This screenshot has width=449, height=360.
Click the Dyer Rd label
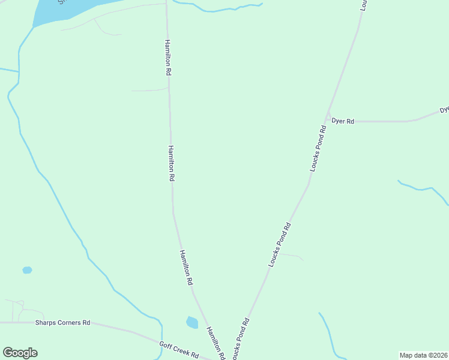click(x=343, y=121)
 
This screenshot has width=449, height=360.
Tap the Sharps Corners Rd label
click(x=62, y=322)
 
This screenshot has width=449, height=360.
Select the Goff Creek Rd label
click(x=179, y=349)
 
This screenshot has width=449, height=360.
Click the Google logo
click(x=20, y=353)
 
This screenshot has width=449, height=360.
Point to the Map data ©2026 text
click(x=424, y=355)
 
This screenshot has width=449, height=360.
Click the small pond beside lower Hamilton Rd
click(x=192, y=323)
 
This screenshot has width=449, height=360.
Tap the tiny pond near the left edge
click(x=27, y=270)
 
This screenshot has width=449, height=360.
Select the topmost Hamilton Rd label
click(x=169, y=58)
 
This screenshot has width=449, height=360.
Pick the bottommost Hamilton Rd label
click(x=215, y=343)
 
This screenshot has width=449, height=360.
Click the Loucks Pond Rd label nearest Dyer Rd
click(x=318, y=149)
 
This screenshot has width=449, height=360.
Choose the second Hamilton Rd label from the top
click(x=171, y=163)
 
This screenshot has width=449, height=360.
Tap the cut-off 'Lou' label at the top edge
click(x=363, y=5)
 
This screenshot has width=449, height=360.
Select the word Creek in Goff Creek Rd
click(x=180, y=350)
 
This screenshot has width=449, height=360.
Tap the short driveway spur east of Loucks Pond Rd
click(x=291, y=256)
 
